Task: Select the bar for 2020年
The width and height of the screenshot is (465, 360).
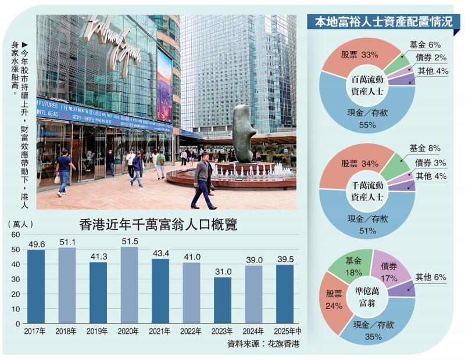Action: [129, 285]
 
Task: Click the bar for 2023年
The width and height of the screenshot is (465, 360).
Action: [223, 300]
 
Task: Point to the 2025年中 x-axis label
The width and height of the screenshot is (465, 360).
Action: [285, 332]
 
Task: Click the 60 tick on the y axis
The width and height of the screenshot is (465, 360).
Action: [16, 235]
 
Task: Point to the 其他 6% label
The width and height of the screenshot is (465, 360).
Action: [431, 278]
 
